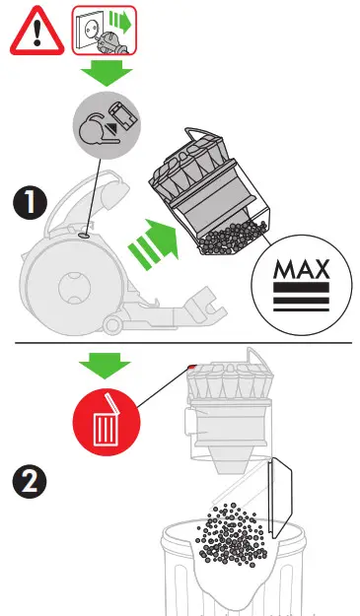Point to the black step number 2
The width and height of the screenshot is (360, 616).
(x=27, y=482)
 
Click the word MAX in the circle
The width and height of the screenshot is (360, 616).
(x=302, y=271)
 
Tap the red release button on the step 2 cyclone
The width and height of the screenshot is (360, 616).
(x=189, y=368)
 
